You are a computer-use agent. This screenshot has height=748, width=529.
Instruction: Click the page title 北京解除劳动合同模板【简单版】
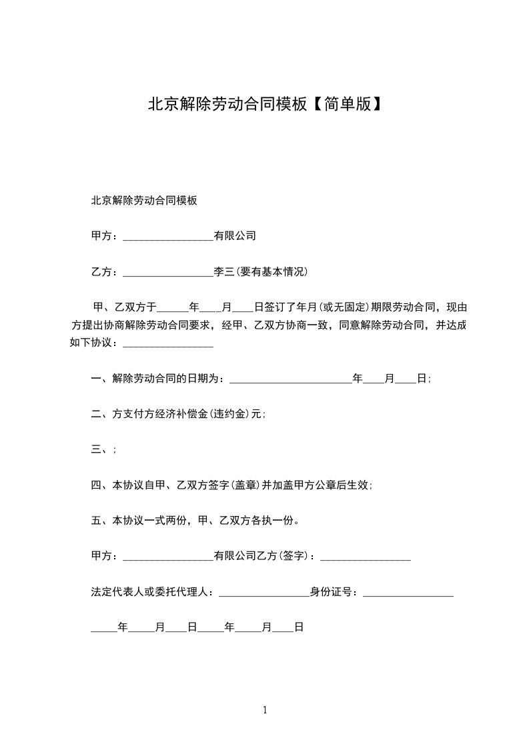265,105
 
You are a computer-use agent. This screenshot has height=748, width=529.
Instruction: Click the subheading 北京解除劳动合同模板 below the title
143,200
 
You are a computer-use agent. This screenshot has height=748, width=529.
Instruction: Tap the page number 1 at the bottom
265,710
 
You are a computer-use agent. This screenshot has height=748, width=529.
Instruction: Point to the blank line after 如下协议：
168,345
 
